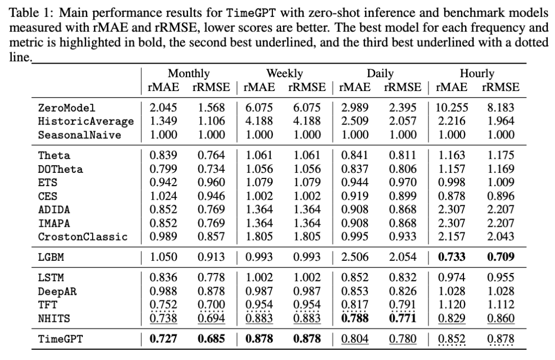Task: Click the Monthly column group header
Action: click(x=189, y=74)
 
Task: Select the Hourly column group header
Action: click(x=477, y=74)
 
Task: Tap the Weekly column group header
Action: click(x=285, y=74)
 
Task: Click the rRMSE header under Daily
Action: click(x=403, y=87)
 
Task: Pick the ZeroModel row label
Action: click(x=66, y=107)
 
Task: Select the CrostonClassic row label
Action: click(x=83, y=237)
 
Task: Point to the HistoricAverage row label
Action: click(x=86, y=121)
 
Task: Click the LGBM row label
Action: click(x=51, y=257)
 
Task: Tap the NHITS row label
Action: click(x=54, y=318)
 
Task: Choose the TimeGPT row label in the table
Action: click(x=60, y=339)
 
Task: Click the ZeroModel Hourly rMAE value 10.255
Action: click(x=452, y=107)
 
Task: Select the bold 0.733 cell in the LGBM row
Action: click(x=452, y=257)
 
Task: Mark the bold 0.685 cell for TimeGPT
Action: click(x=211, y=339)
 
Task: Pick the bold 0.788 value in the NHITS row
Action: click(x=355, y=318)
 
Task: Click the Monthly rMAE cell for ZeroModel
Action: click(x=163, y=107)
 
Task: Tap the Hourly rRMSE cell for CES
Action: click(x=501, y=196)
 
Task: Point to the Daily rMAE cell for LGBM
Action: click(x=355, y=257)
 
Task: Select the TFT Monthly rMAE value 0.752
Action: click(x=163, y=305)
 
